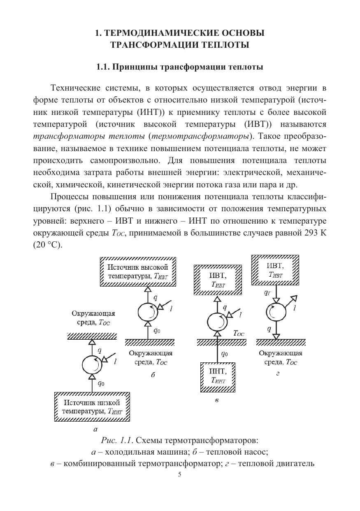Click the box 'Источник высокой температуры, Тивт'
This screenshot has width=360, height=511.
click(138, 272)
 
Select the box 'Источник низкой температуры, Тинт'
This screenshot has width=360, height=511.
click(93, 407)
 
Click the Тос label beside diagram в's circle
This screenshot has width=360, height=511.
click(239, 334)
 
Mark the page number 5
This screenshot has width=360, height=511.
click(179, 474)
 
